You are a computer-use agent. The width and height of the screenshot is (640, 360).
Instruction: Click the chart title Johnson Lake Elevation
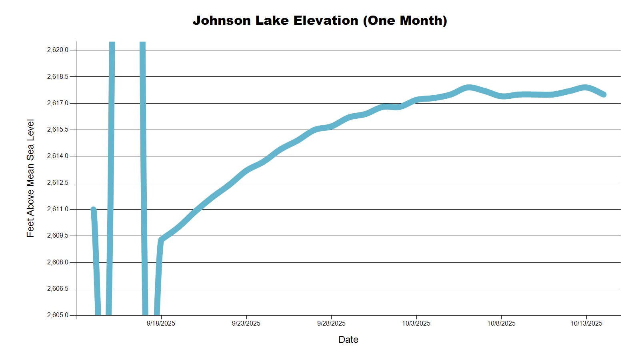click(320, 20)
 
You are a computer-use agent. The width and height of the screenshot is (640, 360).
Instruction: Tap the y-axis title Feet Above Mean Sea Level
click(30, 178)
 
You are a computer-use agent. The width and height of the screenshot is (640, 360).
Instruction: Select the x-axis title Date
click(348, 340)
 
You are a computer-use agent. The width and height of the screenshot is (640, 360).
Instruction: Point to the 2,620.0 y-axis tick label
click(58, 50)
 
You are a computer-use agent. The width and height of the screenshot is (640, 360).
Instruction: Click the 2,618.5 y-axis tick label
click(58, 76)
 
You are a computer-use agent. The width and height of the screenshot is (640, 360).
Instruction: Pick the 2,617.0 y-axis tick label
click(58, 103)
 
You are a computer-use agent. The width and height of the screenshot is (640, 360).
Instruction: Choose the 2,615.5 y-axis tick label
click(58, 130)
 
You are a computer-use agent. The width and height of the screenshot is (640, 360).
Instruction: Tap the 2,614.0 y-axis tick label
click(58, 156)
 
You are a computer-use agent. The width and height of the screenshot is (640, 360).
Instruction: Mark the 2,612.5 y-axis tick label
click(58, 183)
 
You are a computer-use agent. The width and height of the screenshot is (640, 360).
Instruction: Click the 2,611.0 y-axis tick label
click(58, 209)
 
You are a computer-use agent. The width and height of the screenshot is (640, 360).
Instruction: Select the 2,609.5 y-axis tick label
click(58, 236)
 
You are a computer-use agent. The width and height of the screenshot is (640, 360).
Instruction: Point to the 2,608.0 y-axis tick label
click(58, 262)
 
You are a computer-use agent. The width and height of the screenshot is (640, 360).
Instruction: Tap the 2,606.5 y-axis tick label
click(58, 289)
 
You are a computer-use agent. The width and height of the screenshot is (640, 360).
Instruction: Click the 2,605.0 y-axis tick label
click(58, 315)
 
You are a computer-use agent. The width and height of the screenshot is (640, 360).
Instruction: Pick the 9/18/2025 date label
click(161, 324)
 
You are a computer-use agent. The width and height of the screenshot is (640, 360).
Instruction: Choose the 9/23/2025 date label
click(246, 324)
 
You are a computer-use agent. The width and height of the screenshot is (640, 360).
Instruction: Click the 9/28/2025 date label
click(331, 324)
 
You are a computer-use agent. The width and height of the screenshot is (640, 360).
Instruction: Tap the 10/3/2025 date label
click(416, 324)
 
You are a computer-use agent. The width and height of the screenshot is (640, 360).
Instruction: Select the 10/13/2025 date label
click(586, 324)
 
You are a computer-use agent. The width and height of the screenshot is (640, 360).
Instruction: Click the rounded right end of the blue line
click(604, 94)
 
